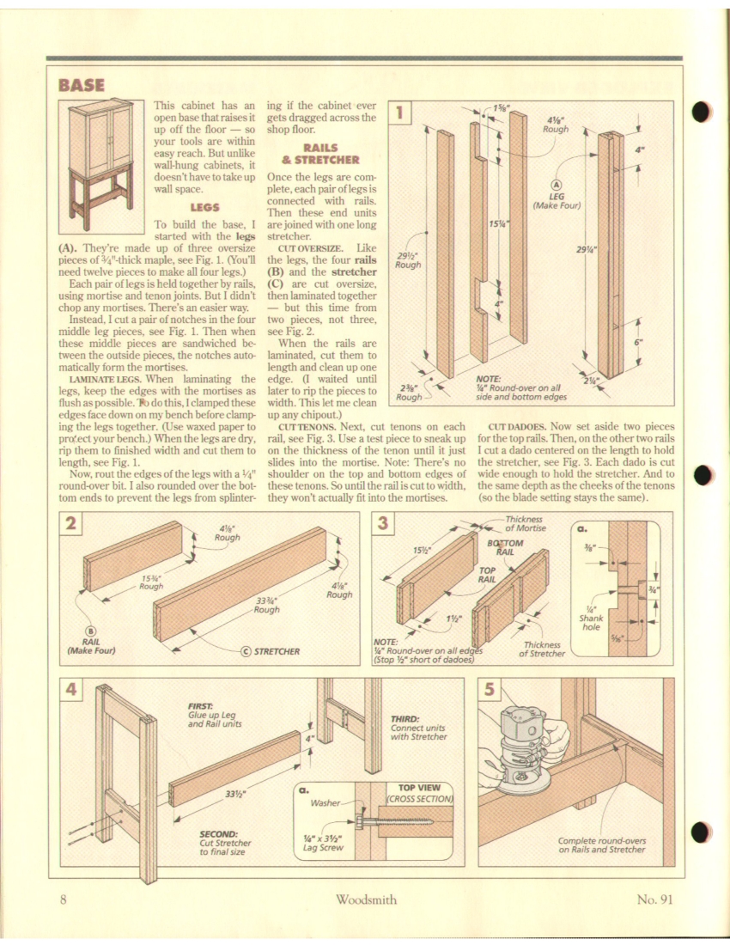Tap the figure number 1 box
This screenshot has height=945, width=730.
click(401, 111)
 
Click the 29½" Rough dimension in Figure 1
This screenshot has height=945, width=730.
click(407, 260)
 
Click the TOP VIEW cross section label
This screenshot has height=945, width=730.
click(420, 791)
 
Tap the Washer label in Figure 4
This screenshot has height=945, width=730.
click(326, 805)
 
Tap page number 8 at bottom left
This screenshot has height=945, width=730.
click(64, 899)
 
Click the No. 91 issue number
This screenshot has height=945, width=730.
click(659, 899)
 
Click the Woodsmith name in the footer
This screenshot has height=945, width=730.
click(365, 899)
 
